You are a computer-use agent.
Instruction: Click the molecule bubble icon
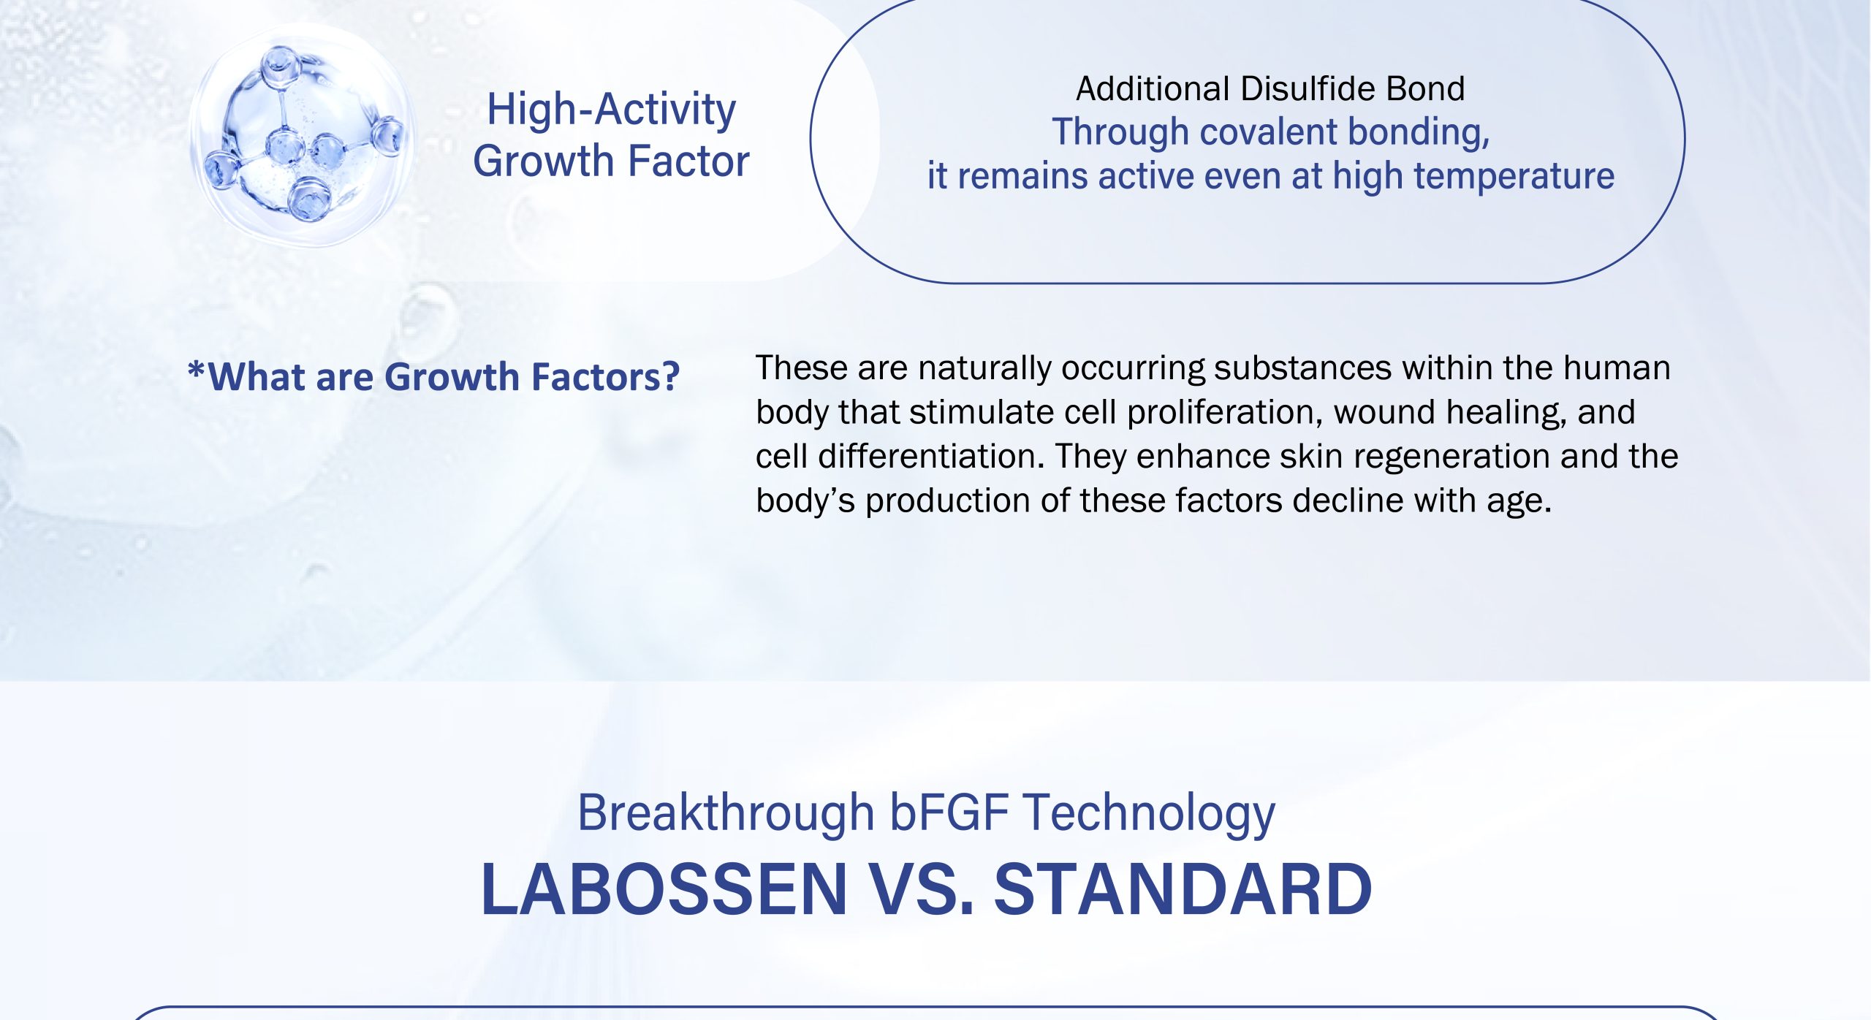click(x=302, y=136)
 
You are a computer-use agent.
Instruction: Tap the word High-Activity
click(x=611, y=110)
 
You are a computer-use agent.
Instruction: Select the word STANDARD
click(x=1183, y=889)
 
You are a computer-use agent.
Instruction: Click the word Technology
click(x=1148, y=814)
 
